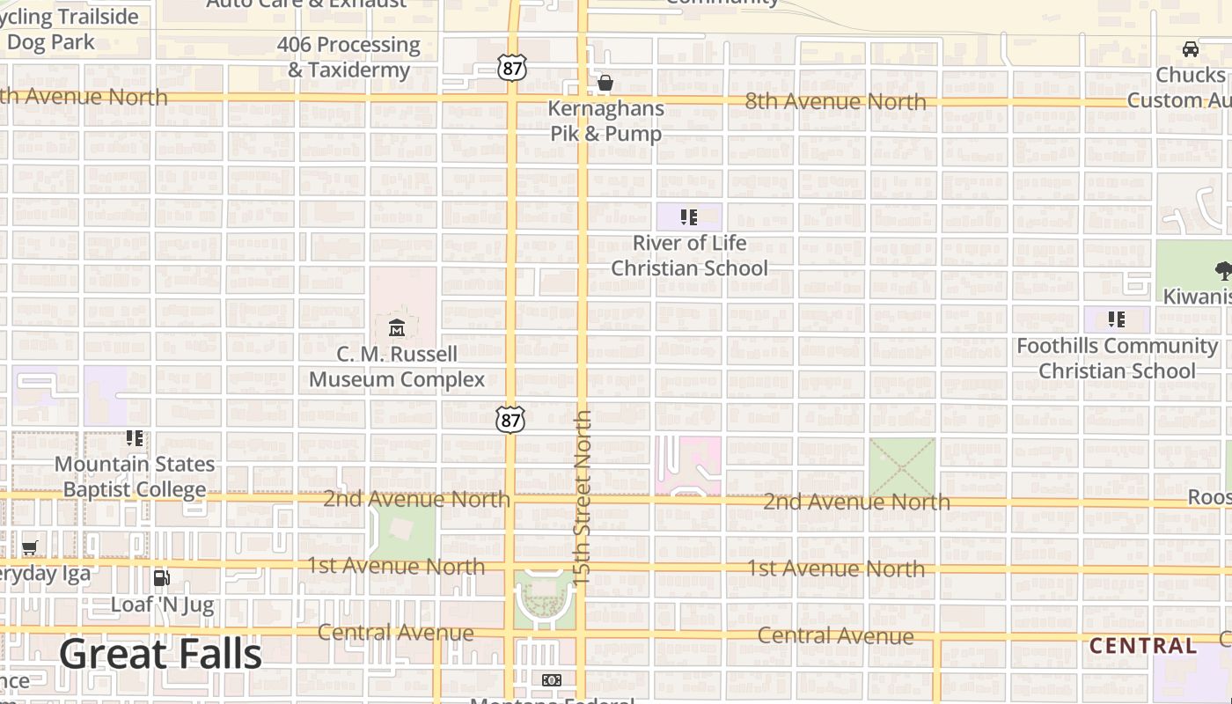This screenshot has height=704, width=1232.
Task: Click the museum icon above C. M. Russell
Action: tap(397, 328)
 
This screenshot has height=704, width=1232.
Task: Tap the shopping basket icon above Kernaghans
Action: tap(605, 84)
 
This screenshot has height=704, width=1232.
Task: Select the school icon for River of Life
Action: tap(689, 216)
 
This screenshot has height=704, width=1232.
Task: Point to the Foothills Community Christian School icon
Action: tap(1117, 319)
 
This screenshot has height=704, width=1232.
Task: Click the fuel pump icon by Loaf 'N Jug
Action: tap(162, 578)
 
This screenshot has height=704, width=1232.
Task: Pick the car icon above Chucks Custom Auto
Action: tap(1191, 49)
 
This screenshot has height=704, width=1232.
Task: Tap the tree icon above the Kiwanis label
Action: tap(1222, 270)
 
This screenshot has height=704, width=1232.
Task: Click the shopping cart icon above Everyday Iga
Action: tap(30, 548)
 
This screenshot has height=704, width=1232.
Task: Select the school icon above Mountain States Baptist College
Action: tap(135, 437)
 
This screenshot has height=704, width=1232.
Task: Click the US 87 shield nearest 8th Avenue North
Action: tap(511, 68)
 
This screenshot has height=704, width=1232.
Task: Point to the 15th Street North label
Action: tap(582, 497)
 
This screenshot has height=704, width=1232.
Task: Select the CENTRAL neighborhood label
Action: tap(1143, 646)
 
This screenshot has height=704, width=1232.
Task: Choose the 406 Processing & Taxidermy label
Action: tap(348, 57)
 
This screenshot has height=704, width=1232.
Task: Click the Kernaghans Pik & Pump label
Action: tap(606, 121)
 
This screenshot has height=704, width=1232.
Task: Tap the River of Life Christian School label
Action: tap(690, 255)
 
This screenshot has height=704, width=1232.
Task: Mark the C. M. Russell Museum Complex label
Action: tap(397, 367)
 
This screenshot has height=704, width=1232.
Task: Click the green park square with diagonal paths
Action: tap(902, 467)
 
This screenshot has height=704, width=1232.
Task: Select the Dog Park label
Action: tap(51, 42)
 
